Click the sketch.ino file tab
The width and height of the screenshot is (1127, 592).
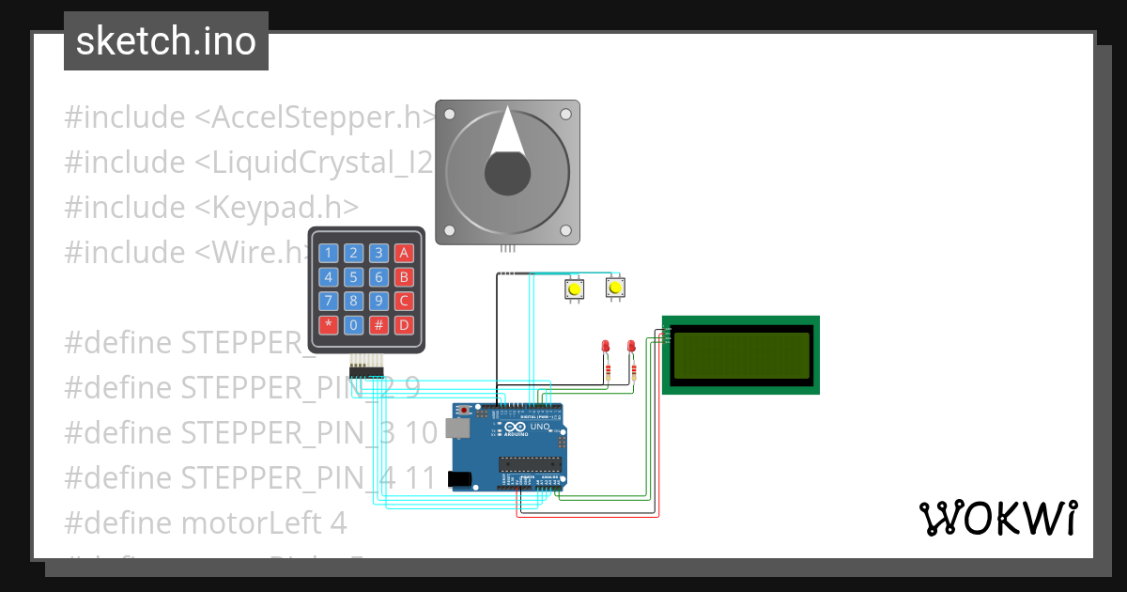166,41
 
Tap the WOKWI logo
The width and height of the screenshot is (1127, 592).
996,518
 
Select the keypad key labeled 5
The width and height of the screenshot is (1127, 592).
353,277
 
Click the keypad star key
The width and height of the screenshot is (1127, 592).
328,326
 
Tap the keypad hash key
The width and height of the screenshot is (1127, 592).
378,326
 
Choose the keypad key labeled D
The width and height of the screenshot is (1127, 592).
404,326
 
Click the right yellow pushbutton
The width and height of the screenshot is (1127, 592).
615,288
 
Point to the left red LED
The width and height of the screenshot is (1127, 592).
607,347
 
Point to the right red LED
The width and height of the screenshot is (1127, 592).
631,347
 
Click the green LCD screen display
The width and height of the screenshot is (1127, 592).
741,355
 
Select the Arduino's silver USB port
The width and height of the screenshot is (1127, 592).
459,428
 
